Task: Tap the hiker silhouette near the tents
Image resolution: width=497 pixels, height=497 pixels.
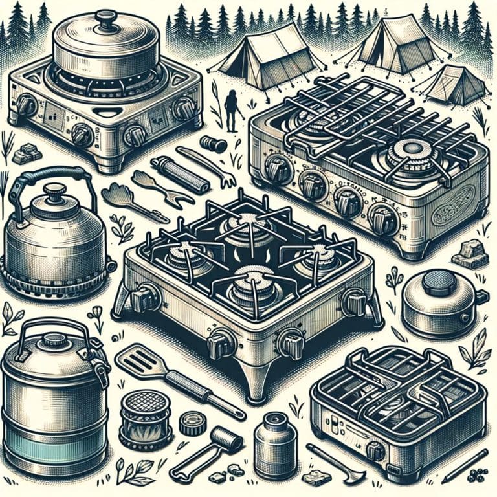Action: click(230, 107)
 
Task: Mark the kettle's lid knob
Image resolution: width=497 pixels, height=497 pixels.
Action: click(55, 192)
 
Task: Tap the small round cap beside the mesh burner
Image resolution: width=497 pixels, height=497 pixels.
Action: click(191, 424)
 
